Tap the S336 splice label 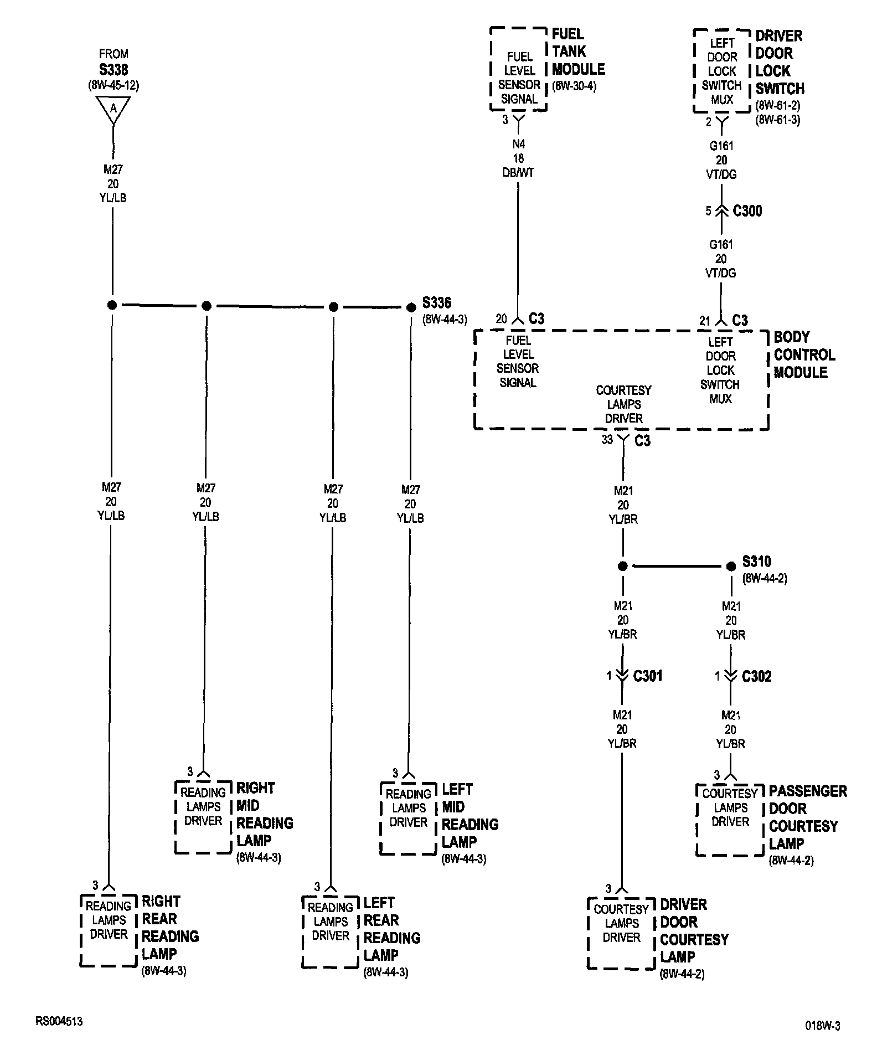tap(437, 303)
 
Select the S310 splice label tap(756, 562)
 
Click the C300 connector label tap(747, 211)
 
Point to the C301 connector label tap(647, 676)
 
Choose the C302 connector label tap(756, 676)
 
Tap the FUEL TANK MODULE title tap(578, 52)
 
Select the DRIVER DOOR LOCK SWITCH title tap(780, 62)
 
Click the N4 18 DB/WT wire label tap(518, 158)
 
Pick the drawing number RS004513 tap(59, 1021)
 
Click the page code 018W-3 tap(823, 1026)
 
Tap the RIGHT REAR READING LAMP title tap(169, 928)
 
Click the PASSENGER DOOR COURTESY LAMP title tap(807, 817)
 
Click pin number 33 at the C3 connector tap(607, 440)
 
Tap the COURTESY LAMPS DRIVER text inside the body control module tap(623, 404)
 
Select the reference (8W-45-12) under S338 tap(114, 85)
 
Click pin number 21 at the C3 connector tap(704, 321)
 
